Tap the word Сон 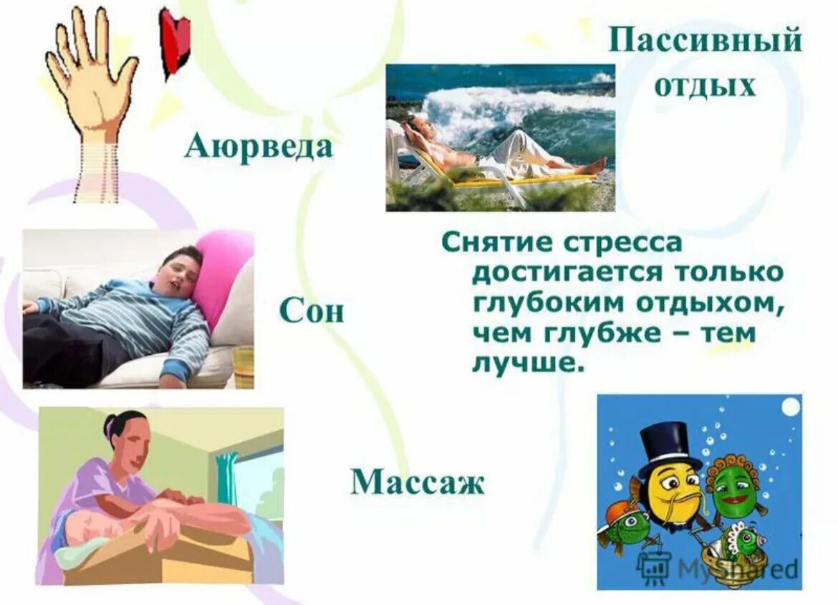(311, 312)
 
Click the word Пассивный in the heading (705, 41)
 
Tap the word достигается (562, 273)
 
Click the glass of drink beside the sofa (244, 366)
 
